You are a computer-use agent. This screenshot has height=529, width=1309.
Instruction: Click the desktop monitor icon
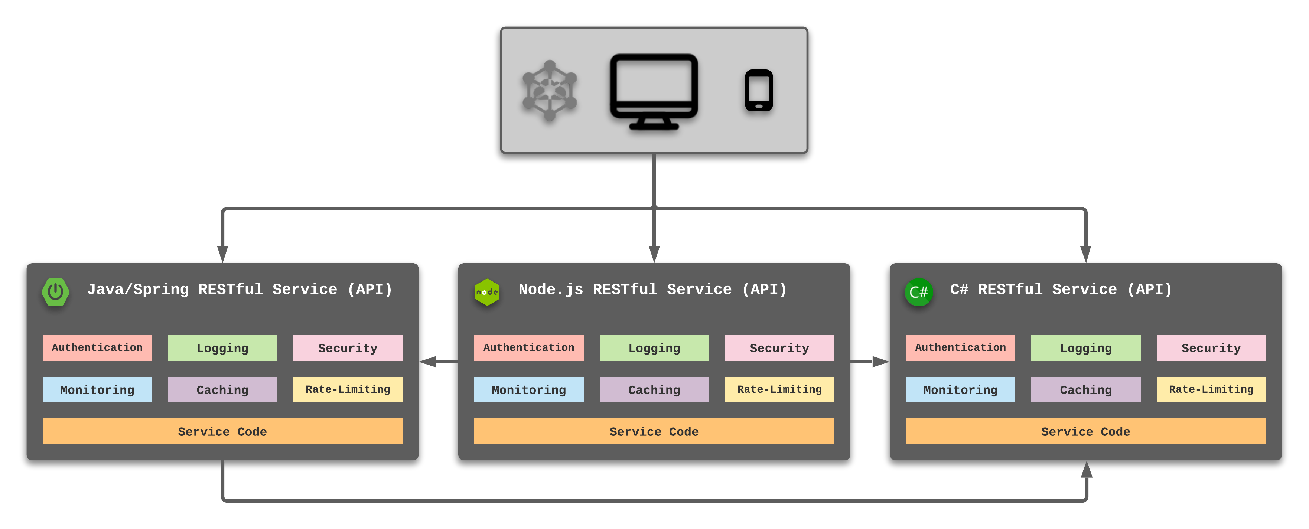pyautogui.click(x=654, y=91)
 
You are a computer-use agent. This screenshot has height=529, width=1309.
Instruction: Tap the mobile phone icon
pyautogui.click(x=758, y=91)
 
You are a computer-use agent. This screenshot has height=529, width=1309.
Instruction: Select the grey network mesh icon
pyautogui.click(x=549, y=91)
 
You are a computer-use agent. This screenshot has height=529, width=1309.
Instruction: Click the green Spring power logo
pyautogui.click(x=55, y=292)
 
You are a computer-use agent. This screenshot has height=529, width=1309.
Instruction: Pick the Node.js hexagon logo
pyautogui.click(x=487, y=292)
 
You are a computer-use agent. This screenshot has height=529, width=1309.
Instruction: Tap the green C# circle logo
pyautogui.click(x=918, y=292)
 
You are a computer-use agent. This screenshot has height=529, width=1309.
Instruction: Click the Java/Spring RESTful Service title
pyautogui.click(x=240, y=289)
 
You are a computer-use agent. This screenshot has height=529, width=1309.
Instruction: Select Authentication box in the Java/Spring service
pyautogui.click(x=97, y=347)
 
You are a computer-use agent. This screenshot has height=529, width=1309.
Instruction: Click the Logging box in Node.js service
pyautogui.click(x=654, y=347)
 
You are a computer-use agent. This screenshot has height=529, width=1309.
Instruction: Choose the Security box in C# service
pyautogui.click(x=1211, y=347)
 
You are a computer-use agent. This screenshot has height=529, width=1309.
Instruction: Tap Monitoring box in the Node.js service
pyautogui.click(x=528, y=389)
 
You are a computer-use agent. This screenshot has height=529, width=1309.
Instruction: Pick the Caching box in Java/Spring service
pyautogui.click(x=222, y=389)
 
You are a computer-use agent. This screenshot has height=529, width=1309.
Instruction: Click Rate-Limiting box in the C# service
pyautogui.click(x=1211, y=389)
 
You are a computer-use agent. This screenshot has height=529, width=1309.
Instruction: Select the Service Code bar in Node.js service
pyautogui.click(x=654, y=431)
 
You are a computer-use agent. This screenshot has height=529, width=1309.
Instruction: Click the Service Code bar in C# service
pyautogui.click(x=1085, y=431)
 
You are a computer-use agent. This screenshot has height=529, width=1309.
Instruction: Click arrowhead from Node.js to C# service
pyautogui.click(x=880, y=362)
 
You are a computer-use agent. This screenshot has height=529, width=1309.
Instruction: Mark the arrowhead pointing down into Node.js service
pyautogui.click(x=654, y=254)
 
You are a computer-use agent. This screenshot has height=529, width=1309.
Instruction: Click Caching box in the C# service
pyautogui.click(x=1085, y=389)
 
